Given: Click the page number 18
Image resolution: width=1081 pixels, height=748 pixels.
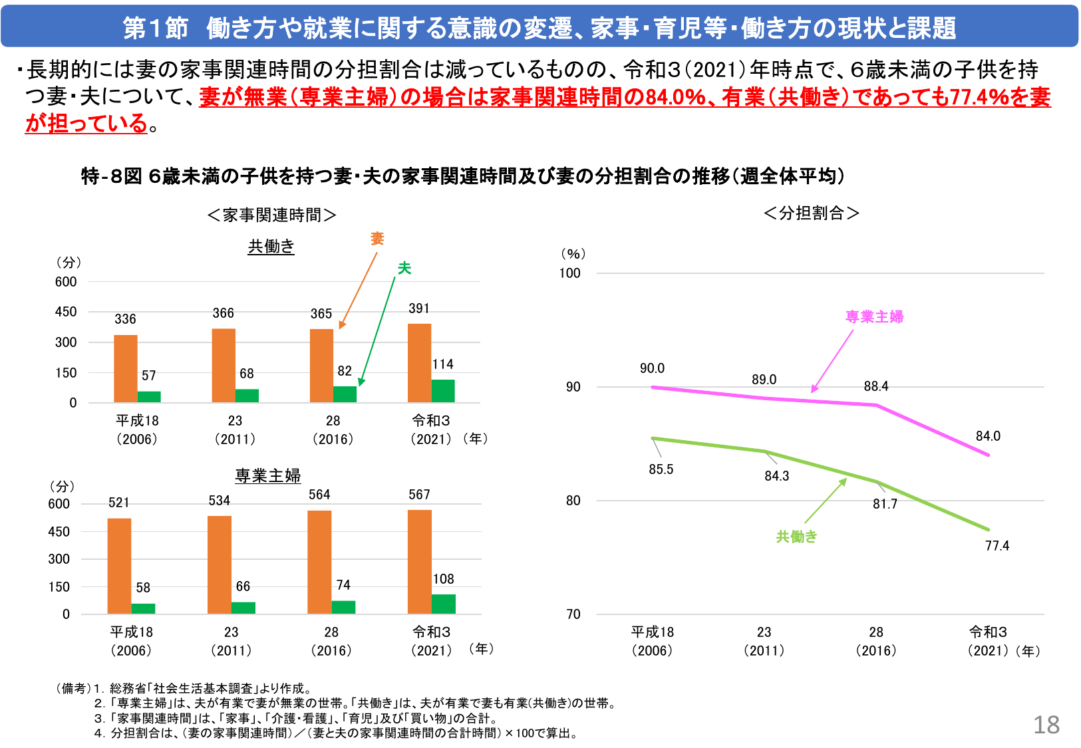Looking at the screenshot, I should (1046, 725).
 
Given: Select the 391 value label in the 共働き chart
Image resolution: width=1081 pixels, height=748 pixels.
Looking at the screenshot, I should (418, 309).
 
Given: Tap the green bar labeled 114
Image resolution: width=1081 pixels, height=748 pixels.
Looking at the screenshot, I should (443, 391).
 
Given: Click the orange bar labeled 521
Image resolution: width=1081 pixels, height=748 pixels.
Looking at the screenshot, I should (119, 565).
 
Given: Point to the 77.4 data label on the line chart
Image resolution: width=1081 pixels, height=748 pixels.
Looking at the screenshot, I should (997, 546).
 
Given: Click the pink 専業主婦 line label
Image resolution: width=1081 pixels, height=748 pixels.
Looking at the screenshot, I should (874, 317).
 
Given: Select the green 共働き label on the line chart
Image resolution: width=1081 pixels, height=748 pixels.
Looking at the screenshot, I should (796, 537).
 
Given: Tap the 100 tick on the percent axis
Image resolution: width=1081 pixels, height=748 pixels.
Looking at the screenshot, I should (569, 273).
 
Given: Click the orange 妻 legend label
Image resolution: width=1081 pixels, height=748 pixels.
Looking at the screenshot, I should (377, 239).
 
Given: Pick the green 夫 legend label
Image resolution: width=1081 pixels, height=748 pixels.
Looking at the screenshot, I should (404, 269).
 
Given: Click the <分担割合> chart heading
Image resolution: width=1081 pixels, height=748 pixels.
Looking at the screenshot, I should (812, 213).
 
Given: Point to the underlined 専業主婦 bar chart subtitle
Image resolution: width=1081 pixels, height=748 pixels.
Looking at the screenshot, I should (267, 476).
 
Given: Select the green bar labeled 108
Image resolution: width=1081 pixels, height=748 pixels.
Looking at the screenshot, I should (443, 604).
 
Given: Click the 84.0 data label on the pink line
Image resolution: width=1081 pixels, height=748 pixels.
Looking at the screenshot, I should (988, 436).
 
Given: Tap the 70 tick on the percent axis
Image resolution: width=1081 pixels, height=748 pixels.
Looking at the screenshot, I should (573, 614).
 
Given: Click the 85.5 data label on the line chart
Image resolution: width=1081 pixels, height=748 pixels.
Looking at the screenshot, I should (661, 469).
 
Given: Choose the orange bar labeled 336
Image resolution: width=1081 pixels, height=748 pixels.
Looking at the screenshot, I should (125, 368).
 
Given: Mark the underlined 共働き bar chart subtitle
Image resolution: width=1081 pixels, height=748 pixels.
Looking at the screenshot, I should (271, 247).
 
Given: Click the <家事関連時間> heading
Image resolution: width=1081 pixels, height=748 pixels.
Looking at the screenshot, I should (271, 215).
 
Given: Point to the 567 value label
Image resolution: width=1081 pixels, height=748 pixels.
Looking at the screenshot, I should (419, 495).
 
